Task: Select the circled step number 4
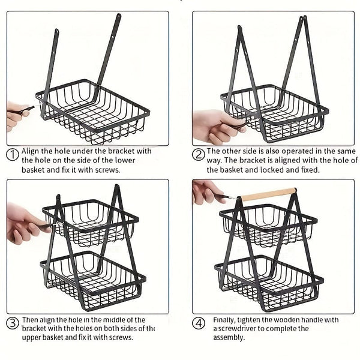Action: pos(199,323)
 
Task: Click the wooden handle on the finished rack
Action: pos(268,194)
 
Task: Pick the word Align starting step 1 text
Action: pos(31,152)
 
